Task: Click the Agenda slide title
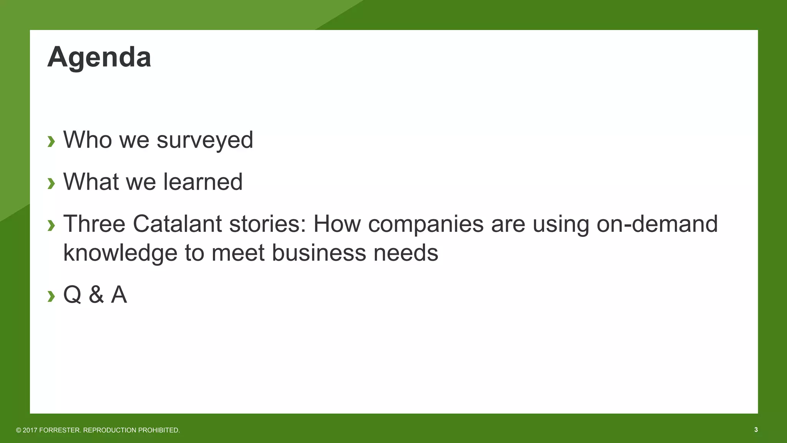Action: (x=99, y=58)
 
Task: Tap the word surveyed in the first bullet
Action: (x=205, y=140)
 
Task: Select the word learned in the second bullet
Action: (x=203, y=182)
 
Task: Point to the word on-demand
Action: (x=657, y=223)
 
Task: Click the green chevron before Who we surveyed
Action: (x=51, y=141)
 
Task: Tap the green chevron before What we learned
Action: (x=51, y=183)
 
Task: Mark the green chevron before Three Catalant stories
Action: (x=51, y=225)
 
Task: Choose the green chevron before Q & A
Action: (x=51, y=296)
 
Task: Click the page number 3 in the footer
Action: (x=756, y=430)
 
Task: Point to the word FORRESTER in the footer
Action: (x=60, y=430)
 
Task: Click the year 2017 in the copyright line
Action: (x=30, y=430)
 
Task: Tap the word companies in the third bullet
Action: (x=425, y=223)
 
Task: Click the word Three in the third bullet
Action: (x=94, y=223)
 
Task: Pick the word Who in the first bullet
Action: (x=88, y=140)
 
